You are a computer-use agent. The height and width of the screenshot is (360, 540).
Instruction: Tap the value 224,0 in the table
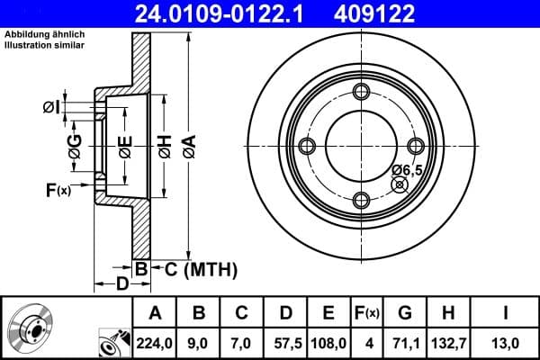(x=154, y=342)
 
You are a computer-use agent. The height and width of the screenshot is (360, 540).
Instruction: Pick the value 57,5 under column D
(x=285, y=342)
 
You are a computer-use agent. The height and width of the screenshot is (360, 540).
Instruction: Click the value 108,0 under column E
(x=328, y=342)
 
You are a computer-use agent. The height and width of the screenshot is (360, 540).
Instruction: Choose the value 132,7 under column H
(x=449, y=342)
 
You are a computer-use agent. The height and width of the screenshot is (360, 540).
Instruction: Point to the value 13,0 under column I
(x=506, y=342)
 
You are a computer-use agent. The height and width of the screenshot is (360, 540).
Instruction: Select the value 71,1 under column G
(x=404, y=342)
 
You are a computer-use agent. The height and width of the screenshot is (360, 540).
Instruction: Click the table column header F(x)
(x=366, y=313)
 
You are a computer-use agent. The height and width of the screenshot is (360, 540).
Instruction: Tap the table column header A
(x=154, y=313)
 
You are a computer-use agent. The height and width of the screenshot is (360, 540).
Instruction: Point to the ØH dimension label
(x=165, y=143)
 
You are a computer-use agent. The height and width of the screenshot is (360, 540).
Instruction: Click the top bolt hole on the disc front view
(x=362, y=92)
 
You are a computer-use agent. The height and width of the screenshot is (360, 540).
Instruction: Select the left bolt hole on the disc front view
(x=307, y=147)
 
